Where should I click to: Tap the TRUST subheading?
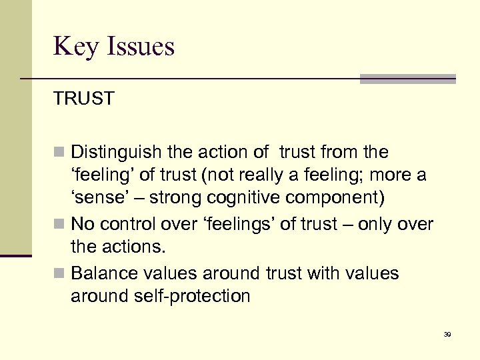[84, 99]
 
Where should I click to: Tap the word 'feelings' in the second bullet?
[235, 225]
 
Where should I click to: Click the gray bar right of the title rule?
[407, 79]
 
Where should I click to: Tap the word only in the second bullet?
[372, 225]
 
